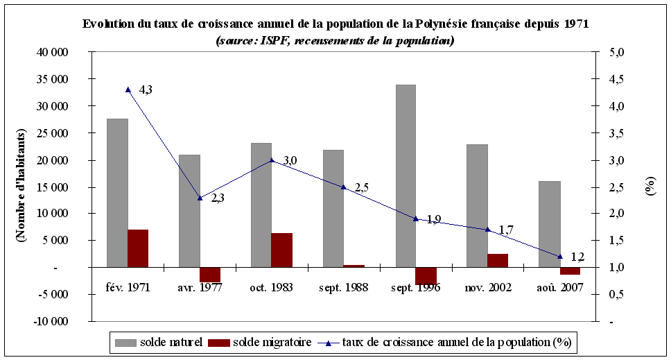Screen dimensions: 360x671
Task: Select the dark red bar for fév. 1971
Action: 138,248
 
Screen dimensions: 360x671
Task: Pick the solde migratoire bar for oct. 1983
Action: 281,250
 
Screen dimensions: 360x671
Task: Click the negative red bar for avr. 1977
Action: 209,275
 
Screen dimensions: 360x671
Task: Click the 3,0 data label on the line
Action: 290,160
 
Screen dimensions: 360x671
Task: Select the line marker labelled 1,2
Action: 560,257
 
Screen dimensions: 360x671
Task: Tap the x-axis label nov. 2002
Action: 487,286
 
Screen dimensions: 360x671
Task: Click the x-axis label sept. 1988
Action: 344,286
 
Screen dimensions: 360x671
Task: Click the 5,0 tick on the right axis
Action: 616,53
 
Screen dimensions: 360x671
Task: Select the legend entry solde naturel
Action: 159,342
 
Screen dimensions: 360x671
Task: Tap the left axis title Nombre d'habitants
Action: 21,186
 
